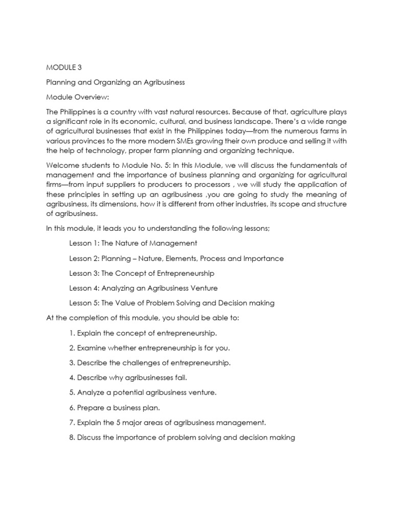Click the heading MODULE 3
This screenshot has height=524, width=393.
[x=64, y=67]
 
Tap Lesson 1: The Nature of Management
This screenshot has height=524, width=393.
[x=133, y=243]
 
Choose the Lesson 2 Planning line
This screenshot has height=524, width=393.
[x=176, y=258]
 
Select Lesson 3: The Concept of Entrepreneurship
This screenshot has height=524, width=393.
[x=142, y=273]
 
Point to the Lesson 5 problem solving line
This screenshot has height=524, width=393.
[x=171, y=303]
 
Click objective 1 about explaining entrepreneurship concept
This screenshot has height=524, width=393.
[x=143, y=333]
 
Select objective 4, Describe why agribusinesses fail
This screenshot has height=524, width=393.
[x=128, y=378]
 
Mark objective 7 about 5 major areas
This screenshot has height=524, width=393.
[x=160, y=423]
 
